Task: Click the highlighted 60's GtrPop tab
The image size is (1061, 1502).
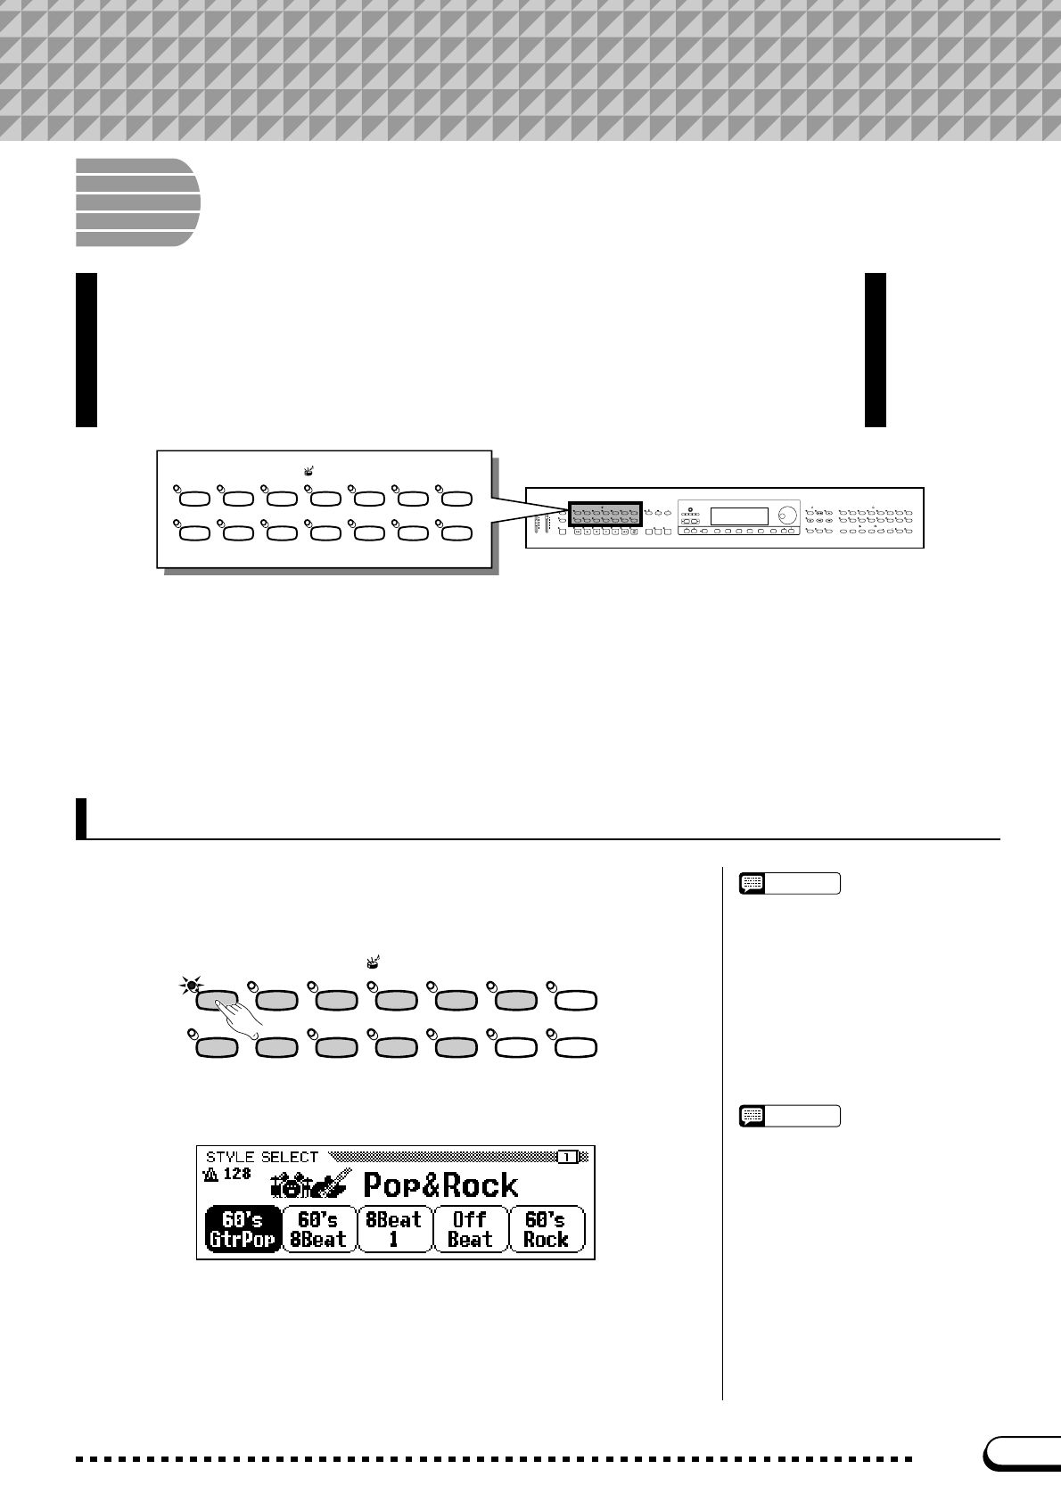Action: [243, 1229]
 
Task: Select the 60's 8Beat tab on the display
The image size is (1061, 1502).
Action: [318, 1229]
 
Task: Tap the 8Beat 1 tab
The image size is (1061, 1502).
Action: [394, 1229]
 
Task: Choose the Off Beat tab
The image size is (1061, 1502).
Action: [470, 1229]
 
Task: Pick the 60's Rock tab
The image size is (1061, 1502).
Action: [546, 1229]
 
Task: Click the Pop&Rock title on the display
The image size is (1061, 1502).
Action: [440, 1185]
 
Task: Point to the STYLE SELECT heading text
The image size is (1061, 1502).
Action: [262, 1157]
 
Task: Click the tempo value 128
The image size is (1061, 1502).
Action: [236, 1174]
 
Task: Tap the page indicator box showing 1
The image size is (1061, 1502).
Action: [567, 1157]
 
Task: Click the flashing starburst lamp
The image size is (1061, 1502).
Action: [190, 986]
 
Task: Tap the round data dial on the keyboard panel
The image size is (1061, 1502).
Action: [786, 515]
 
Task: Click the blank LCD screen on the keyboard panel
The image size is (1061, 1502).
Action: [738, 516]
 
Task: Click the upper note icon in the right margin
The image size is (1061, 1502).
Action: [753, 884]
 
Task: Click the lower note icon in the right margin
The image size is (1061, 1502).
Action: [753, 1116]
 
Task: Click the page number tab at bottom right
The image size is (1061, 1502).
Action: [1024, 1454]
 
